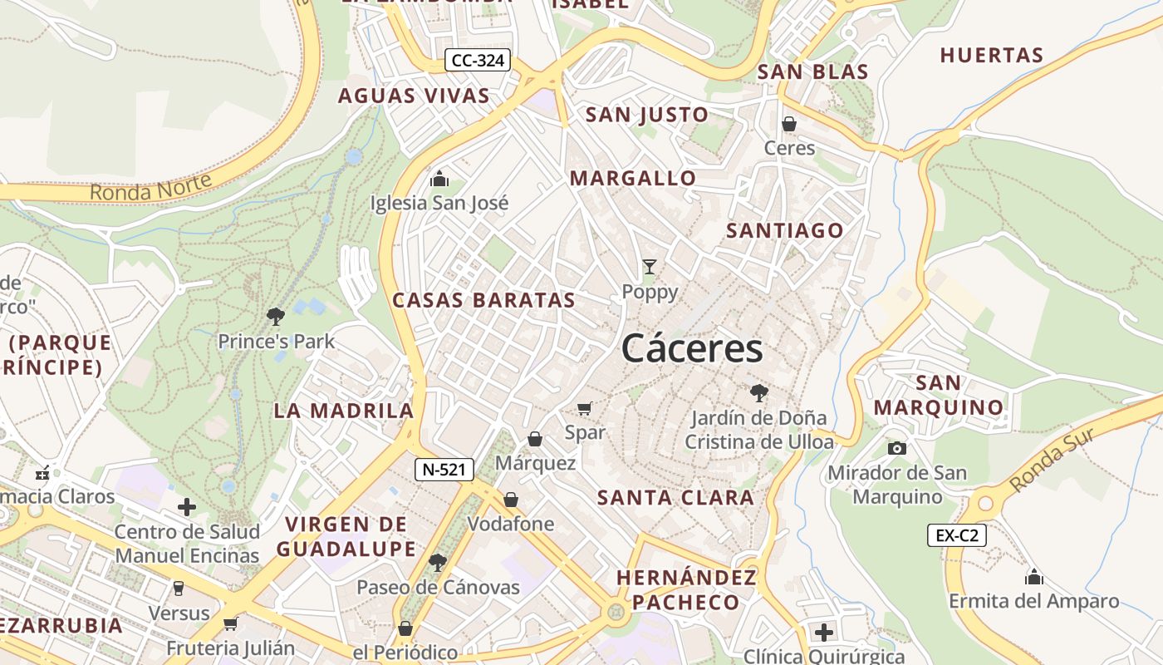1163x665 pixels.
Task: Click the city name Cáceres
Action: pyautogui.click(x=691, y=348)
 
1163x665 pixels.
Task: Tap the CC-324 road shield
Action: pyautogui.click(x=478, y=60)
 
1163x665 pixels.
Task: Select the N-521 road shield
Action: pyautogui.click(x=444, y=470)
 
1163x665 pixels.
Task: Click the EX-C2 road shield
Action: pyautogui.click(x=957, y=535)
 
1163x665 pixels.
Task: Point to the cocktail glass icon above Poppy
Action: pyautogui.click(x=650, y=267)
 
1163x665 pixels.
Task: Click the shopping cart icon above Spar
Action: pyautogui.click(x=585, y=408)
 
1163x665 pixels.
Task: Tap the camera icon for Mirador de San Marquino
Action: pyautogui.click(x=897, y=448)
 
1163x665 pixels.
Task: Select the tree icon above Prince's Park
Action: pyautogui.click(x=276, y=316)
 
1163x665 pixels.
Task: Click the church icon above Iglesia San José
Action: pyautogui.click(x=439, y=179)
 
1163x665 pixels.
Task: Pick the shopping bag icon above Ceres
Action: pyautogui.click(x=789, y=124)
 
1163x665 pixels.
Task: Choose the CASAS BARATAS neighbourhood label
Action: pyautogui.click(x=483, y=300)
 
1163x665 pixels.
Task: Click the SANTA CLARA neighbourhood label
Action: pyautogui.click(x=675, y=498)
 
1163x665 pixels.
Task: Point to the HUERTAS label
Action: pyautogui.click(x=991, y=56)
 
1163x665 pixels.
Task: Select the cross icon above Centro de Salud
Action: pyautogui.click(x=187, y=507)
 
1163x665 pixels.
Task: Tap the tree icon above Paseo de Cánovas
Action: pyautogui.click(x=438, y=563)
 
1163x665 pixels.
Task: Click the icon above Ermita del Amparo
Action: pyautogui.click(x=1034, y=576)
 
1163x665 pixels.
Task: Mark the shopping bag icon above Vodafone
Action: pyautogui.click(x=511, y=500)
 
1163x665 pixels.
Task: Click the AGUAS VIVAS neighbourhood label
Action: pyautogui.click(x=414, y=96)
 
